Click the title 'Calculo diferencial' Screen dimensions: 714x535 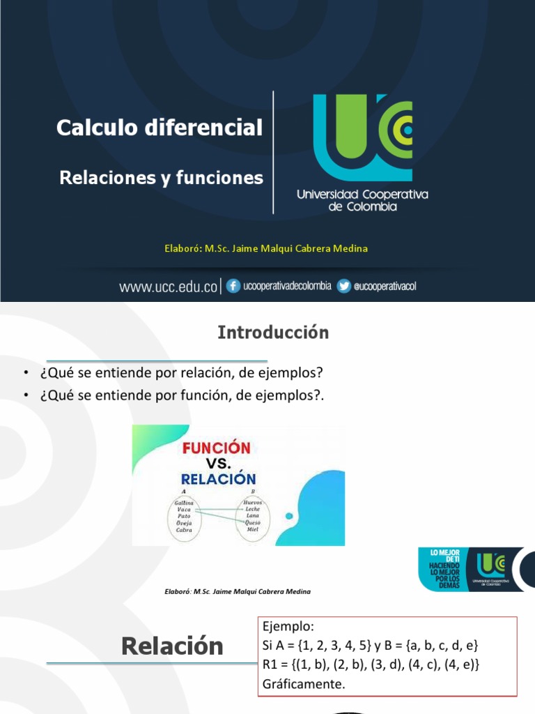[x=160, y=128]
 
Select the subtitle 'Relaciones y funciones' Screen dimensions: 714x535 [x=162, y=178]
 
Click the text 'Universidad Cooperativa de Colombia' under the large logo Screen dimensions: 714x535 [x=362, y=200]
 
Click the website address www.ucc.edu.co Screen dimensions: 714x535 [x=168, y=287]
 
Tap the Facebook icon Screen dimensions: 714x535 [x=234, y=286]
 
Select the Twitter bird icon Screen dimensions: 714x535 [x=343, y=286]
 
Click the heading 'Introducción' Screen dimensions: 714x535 [x=273, y=333]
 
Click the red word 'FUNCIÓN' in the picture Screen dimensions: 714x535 [x=216, y=447]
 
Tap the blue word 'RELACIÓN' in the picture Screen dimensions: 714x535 [x=219, y=479]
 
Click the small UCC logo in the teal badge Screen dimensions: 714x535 [x=491, y=566]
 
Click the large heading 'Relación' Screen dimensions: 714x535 [x=172, y=646]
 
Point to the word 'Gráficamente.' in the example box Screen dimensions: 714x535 [x=304, y=684]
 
